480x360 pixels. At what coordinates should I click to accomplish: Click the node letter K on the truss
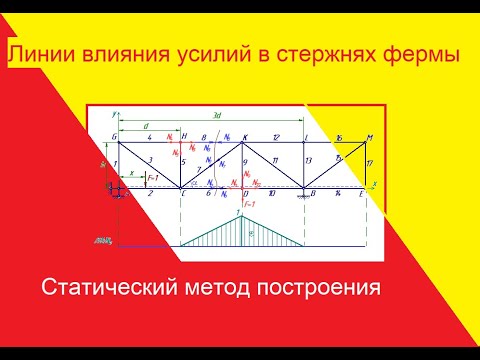[246, 137]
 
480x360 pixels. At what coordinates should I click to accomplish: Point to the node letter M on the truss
[370, 137]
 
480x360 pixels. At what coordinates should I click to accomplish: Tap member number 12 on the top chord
[275, 137]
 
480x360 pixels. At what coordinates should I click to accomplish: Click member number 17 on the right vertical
[369, 162]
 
